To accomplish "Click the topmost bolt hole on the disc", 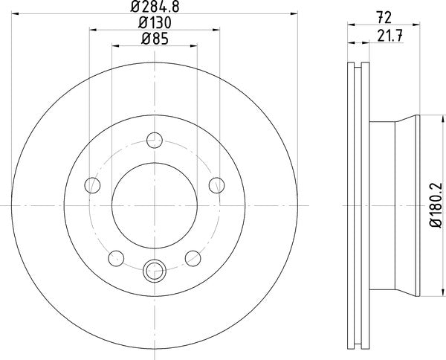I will point(155,138).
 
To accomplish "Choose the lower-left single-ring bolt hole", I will point(116,257).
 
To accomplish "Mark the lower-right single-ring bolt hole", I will point(193,257).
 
